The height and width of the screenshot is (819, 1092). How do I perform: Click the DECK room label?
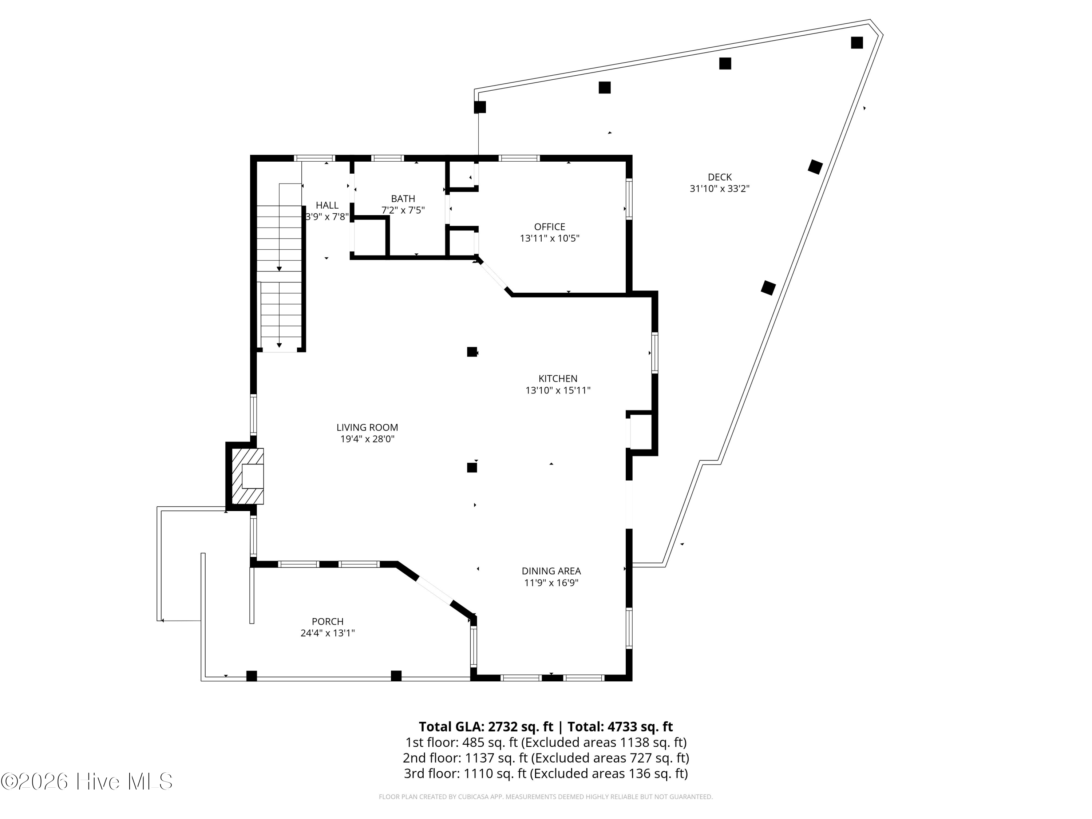point(719,177)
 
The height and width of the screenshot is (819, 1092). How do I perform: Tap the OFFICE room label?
point(549,227)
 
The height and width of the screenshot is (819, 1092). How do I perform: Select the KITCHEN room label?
point(558,379)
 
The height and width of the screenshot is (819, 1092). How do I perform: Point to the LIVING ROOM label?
point(367,428)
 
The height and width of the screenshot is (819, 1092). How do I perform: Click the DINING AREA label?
point(551,571)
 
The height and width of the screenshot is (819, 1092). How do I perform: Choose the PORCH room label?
point(328,622)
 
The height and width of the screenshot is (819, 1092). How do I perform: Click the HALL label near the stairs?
point(327,205)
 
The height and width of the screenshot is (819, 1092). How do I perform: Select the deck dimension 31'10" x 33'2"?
point(719,189)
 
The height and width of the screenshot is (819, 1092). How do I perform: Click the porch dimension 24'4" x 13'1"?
point(328,633)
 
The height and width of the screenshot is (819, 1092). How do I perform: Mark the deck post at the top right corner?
point(857,43)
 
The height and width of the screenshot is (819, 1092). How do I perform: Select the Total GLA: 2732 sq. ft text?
point(486,727)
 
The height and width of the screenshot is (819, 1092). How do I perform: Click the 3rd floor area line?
point(546,773)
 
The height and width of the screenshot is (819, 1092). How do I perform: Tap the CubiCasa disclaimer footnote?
point(546,797)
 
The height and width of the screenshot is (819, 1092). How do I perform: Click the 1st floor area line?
point(546,743)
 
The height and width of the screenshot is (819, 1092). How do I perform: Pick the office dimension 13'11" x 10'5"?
point(549,238)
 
